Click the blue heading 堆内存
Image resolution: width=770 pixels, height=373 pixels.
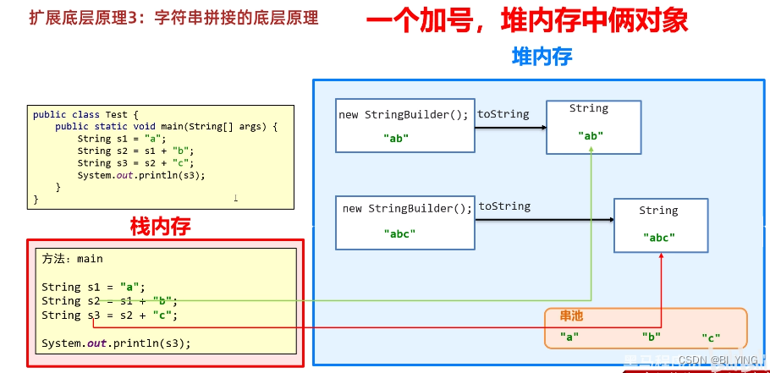(x=542, y=57)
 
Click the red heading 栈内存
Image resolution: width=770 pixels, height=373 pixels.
(x=161, y=226)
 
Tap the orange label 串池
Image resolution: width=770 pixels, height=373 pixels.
(x=572, y=316)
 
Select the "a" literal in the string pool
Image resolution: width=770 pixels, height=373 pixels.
(x=569, y=337)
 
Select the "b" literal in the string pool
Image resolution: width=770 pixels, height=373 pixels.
(x=651, y=337)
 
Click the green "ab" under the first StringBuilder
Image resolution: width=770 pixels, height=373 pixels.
(x=396, y=138)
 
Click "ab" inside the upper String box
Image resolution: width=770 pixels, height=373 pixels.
(x=591, y=135)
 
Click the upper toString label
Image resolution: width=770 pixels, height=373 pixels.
(x=503, y=114)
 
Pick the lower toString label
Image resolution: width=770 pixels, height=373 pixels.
(x=504, y=206)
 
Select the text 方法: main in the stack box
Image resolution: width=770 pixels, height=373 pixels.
(x=73, y=259)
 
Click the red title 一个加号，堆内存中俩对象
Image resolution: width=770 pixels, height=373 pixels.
(x=527, y=20)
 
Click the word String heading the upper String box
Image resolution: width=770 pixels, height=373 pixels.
(x=589, y=108)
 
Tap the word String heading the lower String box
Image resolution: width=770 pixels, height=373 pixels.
(x=658, y=211)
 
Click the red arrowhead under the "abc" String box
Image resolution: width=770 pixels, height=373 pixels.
(x=661, y=259)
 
